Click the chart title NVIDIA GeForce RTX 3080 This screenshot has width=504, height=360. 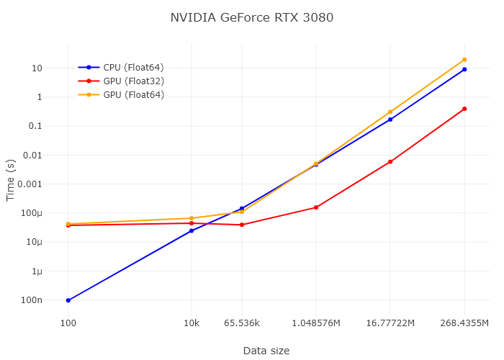pyautogui.click(x=251, y=17)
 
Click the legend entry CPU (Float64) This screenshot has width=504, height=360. pyautogui.click(x=133, y=67)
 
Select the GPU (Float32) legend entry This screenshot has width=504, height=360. pyautogui.click(x=133, y=81)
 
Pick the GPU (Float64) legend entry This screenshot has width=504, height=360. pyautogui.click(x=133, y=94)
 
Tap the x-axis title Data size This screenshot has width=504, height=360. pyautogui.click(x=266, y=351)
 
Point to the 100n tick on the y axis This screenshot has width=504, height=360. pyautogui.click(x=32, y=300)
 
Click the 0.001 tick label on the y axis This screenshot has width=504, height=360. pyautogui.click(x=31, y=184)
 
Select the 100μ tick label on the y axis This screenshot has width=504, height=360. pyautogui.click(x=32, y=213)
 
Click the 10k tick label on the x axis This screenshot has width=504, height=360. pyautogui.click(x=192, y=323)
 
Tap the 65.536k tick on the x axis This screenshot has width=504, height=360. pyautogui.click(x=242, y=323)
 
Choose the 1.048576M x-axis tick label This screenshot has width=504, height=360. pyautogui.click(x=316, y=323)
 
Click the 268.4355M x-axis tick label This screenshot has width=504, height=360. pyautogui.click(x=464, y=323)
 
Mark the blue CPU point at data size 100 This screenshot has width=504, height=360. pyautogui.click(x=68, y=300)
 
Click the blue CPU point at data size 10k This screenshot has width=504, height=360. pyautogui.click(x=192, y=230)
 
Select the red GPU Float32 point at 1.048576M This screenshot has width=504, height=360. pyautogui.click(x=316, y=207)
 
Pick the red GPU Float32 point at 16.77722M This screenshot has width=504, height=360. pyautogui.click(x=390, y=161)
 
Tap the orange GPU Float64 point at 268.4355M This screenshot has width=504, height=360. pyautogui.click(x=464, y=60)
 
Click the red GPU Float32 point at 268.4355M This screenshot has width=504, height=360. pyautogui.click(x=464, y=109)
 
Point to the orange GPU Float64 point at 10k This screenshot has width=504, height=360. pyautogui.click(x=192, y=218)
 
